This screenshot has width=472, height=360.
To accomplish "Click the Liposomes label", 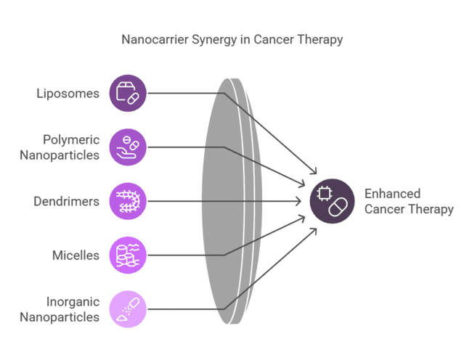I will pyautogui.click(x=68, y=94).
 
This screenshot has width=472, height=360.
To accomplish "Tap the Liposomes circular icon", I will pyautogui.click(x=128, y=94).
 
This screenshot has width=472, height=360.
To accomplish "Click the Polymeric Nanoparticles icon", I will pyautogui.click(x=128, y=147).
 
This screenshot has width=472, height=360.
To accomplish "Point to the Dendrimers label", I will pyautogui.click(x=66, y=201).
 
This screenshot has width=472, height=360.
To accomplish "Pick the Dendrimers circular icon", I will pyautogui.click(x=128, y=201).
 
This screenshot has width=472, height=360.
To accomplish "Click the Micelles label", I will pyautogui.click(x=76, y=255).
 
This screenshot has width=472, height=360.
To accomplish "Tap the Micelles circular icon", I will pyautogui.click(x=128, y=255).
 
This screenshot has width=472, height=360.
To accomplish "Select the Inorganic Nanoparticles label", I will pyautogui.click(x=60, y=308).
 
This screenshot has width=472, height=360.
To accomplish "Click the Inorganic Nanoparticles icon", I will pyautogui.click(x=128, y=308).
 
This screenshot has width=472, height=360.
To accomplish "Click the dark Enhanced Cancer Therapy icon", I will pyautogui.click(x=331, y=201).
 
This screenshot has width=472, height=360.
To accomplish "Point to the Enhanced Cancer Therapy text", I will pyautogui.click(x=408, y=201).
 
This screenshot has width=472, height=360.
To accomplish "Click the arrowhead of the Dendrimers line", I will pyautogui.click(x=302, y=201).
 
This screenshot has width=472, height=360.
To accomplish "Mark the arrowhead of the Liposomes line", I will pyautogui.click(x=314, y=173).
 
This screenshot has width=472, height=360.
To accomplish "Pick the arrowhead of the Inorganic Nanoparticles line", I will pyautogui.click(x=314, y=229).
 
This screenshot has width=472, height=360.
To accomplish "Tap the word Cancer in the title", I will pyautogui.click(x=273, y=40).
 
